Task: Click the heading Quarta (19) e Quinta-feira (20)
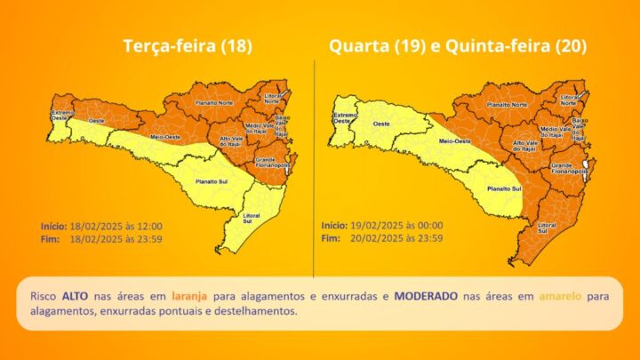click(x=458, y=46)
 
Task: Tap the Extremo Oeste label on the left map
click(x=62, y=115)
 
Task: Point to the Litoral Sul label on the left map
click(x=253, y=219)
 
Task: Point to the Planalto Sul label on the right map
click(x=503, y=188)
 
